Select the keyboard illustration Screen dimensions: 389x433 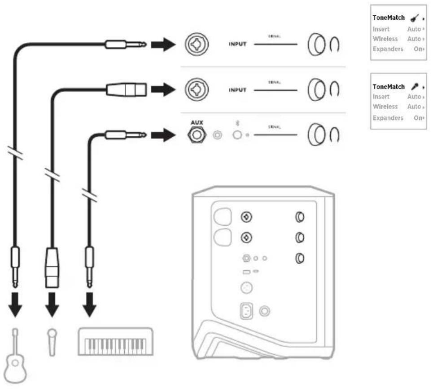point(117,340)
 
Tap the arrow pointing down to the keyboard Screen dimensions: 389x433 point(91,306)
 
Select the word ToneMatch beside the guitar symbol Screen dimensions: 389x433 point(389,18)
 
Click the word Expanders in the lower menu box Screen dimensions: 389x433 point(388,118)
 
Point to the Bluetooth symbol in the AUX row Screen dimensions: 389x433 point(238,123)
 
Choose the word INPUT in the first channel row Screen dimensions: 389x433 point(237,45)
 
